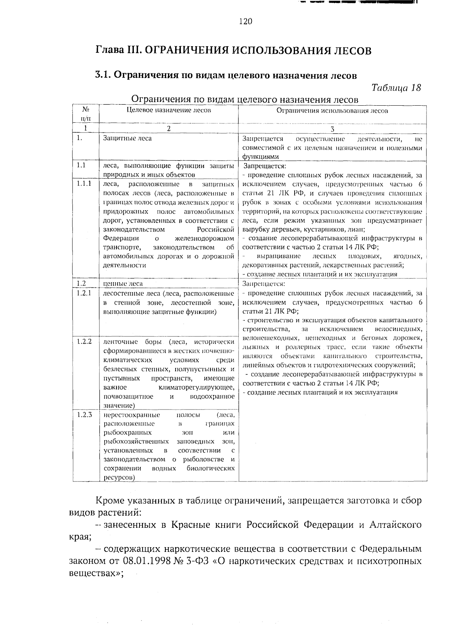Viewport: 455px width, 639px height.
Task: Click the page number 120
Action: point(245,22)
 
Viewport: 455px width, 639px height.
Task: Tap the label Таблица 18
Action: point(397,88)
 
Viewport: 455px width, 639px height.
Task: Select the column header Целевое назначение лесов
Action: point(169,111)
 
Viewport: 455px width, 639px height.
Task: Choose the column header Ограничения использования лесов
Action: point(332,111)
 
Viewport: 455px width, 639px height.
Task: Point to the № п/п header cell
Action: point(86,114)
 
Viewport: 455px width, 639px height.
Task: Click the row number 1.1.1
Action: point(84,184)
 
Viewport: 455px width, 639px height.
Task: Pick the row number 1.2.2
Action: point(84,341)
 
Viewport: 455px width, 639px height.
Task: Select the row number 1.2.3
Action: point(84,415)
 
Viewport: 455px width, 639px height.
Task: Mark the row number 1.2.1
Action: point(84,293)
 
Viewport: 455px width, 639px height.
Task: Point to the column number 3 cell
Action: point(332,129)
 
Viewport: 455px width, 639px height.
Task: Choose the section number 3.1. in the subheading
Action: point(102,75)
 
